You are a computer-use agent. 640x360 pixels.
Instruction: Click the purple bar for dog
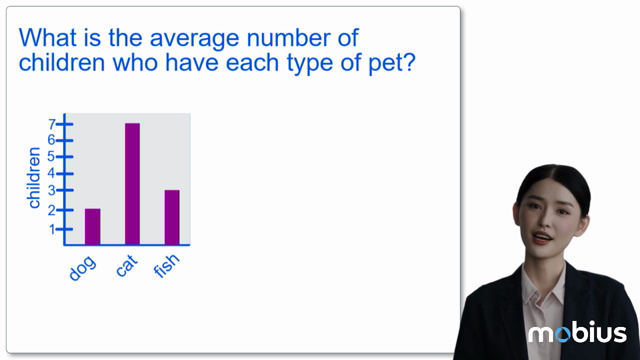92,226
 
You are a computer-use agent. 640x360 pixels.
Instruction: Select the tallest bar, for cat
132,184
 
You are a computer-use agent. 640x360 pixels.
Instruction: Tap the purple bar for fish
172,217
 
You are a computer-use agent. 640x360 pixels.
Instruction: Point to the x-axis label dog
82,267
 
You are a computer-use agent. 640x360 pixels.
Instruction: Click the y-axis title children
35,178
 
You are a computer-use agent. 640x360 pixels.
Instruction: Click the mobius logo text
577,333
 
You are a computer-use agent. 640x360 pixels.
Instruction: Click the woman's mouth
542,237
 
